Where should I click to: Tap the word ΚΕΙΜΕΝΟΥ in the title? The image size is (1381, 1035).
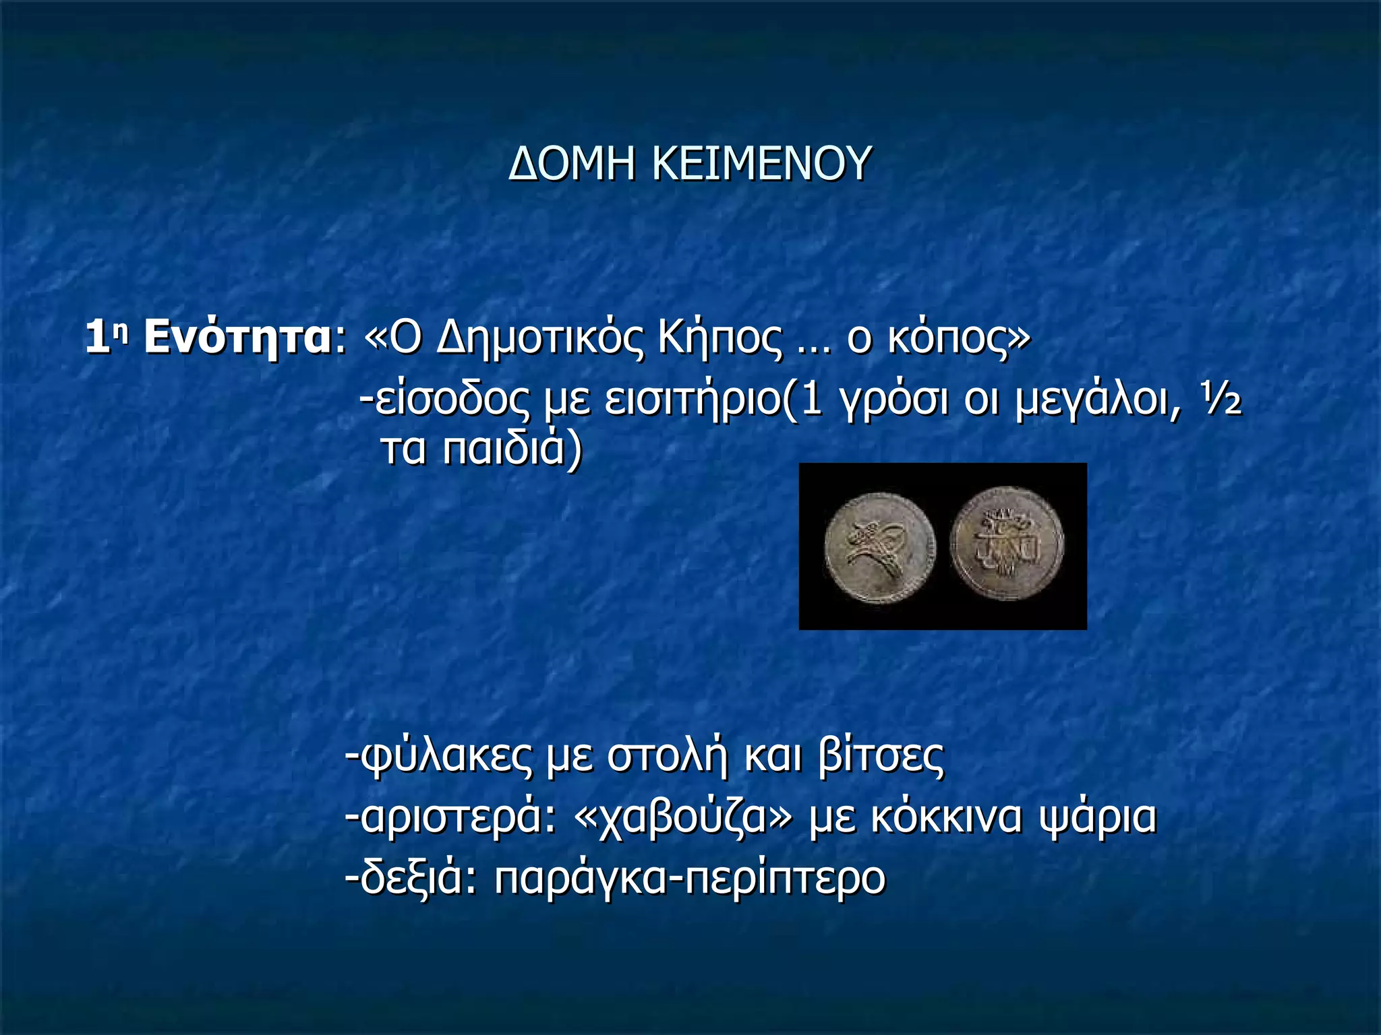point(762,164)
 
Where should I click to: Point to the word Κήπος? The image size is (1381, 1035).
point(721,338)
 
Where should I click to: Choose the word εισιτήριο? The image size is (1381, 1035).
point(693,401)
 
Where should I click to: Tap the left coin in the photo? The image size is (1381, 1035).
point(880,547)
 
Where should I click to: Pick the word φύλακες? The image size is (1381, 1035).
point(445,757)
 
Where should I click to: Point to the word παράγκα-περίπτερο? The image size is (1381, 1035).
point(690,879)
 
